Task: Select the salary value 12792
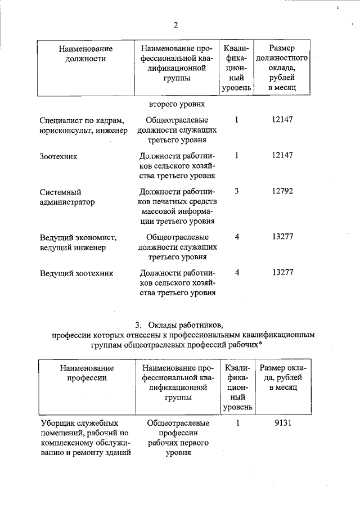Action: pyautogui.click(x=282, y=191)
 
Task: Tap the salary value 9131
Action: pyautogui.click(x=282, y=423)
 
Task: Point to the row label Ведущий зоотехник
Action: pyautogui.click(x=76, y=273)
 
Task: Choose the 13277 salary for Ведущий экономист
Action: pyautogui.click(x=282, y=236)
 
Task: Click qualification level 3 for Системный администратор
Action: pyautogui.click(x=237, y=191)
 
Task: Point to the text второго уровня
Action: pyautogui.click(x=177, y=104)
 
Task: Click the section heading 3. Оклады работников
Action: pyautogui.click(x=179, y=325)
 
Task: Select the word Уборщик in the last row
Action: pyautogui.click(x=59, y=423)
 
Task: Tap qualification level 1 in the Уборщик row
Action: pyautogui.click(x=238, y=423)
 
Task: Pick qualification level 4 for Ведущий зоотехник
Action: pyautogui.click(x=237, y=272)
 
